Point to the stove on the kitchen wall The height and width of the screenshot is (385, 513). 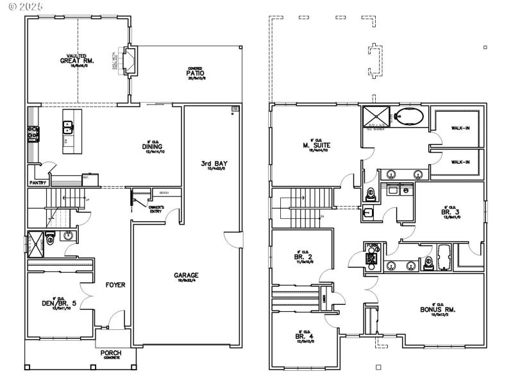pos(32,133)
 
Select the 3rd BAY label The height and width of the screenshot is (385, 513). pos(218,164)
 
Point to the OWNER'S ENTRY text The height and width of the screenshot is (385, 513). pos(156,209)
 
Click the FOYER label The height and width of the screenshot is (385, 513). pos(115,285)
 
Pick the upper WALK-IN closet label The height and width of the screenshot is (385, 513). pos(460,128)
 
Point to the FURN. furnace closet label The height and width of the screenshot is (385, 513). pos(371,246)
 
